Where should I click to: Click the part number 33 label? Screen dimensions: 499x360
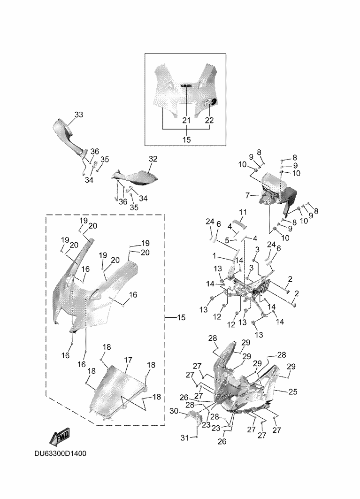click(x=78, y=115)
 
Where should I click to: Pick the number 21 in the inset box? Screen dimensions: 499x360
click(x=186, y=120)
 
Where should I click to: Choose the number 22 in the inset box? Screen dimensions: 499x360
click(x=209, y=120)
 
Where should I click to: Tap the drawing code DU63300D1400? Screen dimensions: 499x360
click(x=60, y=454)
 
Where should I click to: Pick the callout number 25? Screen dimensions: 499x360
click(x=292, y=391)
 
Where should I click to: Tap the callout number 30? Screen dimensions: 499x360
click(x=174, y=411)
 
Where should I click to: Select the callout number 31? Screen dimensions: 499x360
click(x=185, y=438)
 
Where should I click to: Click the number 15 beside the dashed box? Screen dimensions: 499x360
click(x=181, y=318)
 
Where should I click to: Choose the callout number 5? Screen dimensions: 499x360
click(x=227, y=240)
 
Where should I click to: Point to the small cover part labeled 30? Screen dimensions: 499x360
click(x=194, y=417)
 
